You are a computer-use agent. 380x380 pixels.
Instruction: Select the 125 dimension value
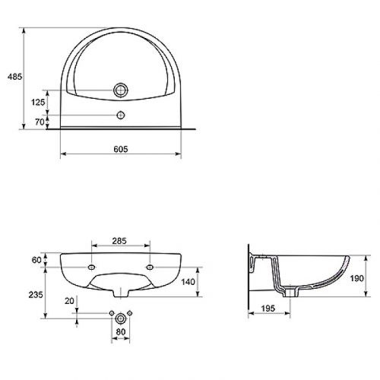coord(36,101)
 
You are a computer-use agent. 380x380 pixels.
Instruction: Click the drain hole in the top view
coord(119,90)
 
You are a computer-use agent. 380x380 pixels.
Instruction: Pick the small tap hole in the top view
coord(119,116)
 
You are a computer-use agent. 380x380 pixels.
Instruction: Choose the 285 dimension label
coord(119,242)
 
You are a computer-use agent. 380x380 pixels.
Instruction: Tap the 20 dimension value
coord(71,301)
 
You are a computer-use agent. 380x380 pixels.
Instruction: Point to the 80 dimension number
coord(119,331)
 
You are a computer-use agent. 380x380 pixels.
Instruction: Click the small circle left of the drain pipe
coord(110,314)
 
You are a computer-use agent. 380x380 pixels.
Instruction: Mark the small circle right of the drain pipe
coord(130,314)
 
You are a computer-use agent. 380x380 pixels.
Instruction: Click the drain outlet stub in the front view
coord(120,292)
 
